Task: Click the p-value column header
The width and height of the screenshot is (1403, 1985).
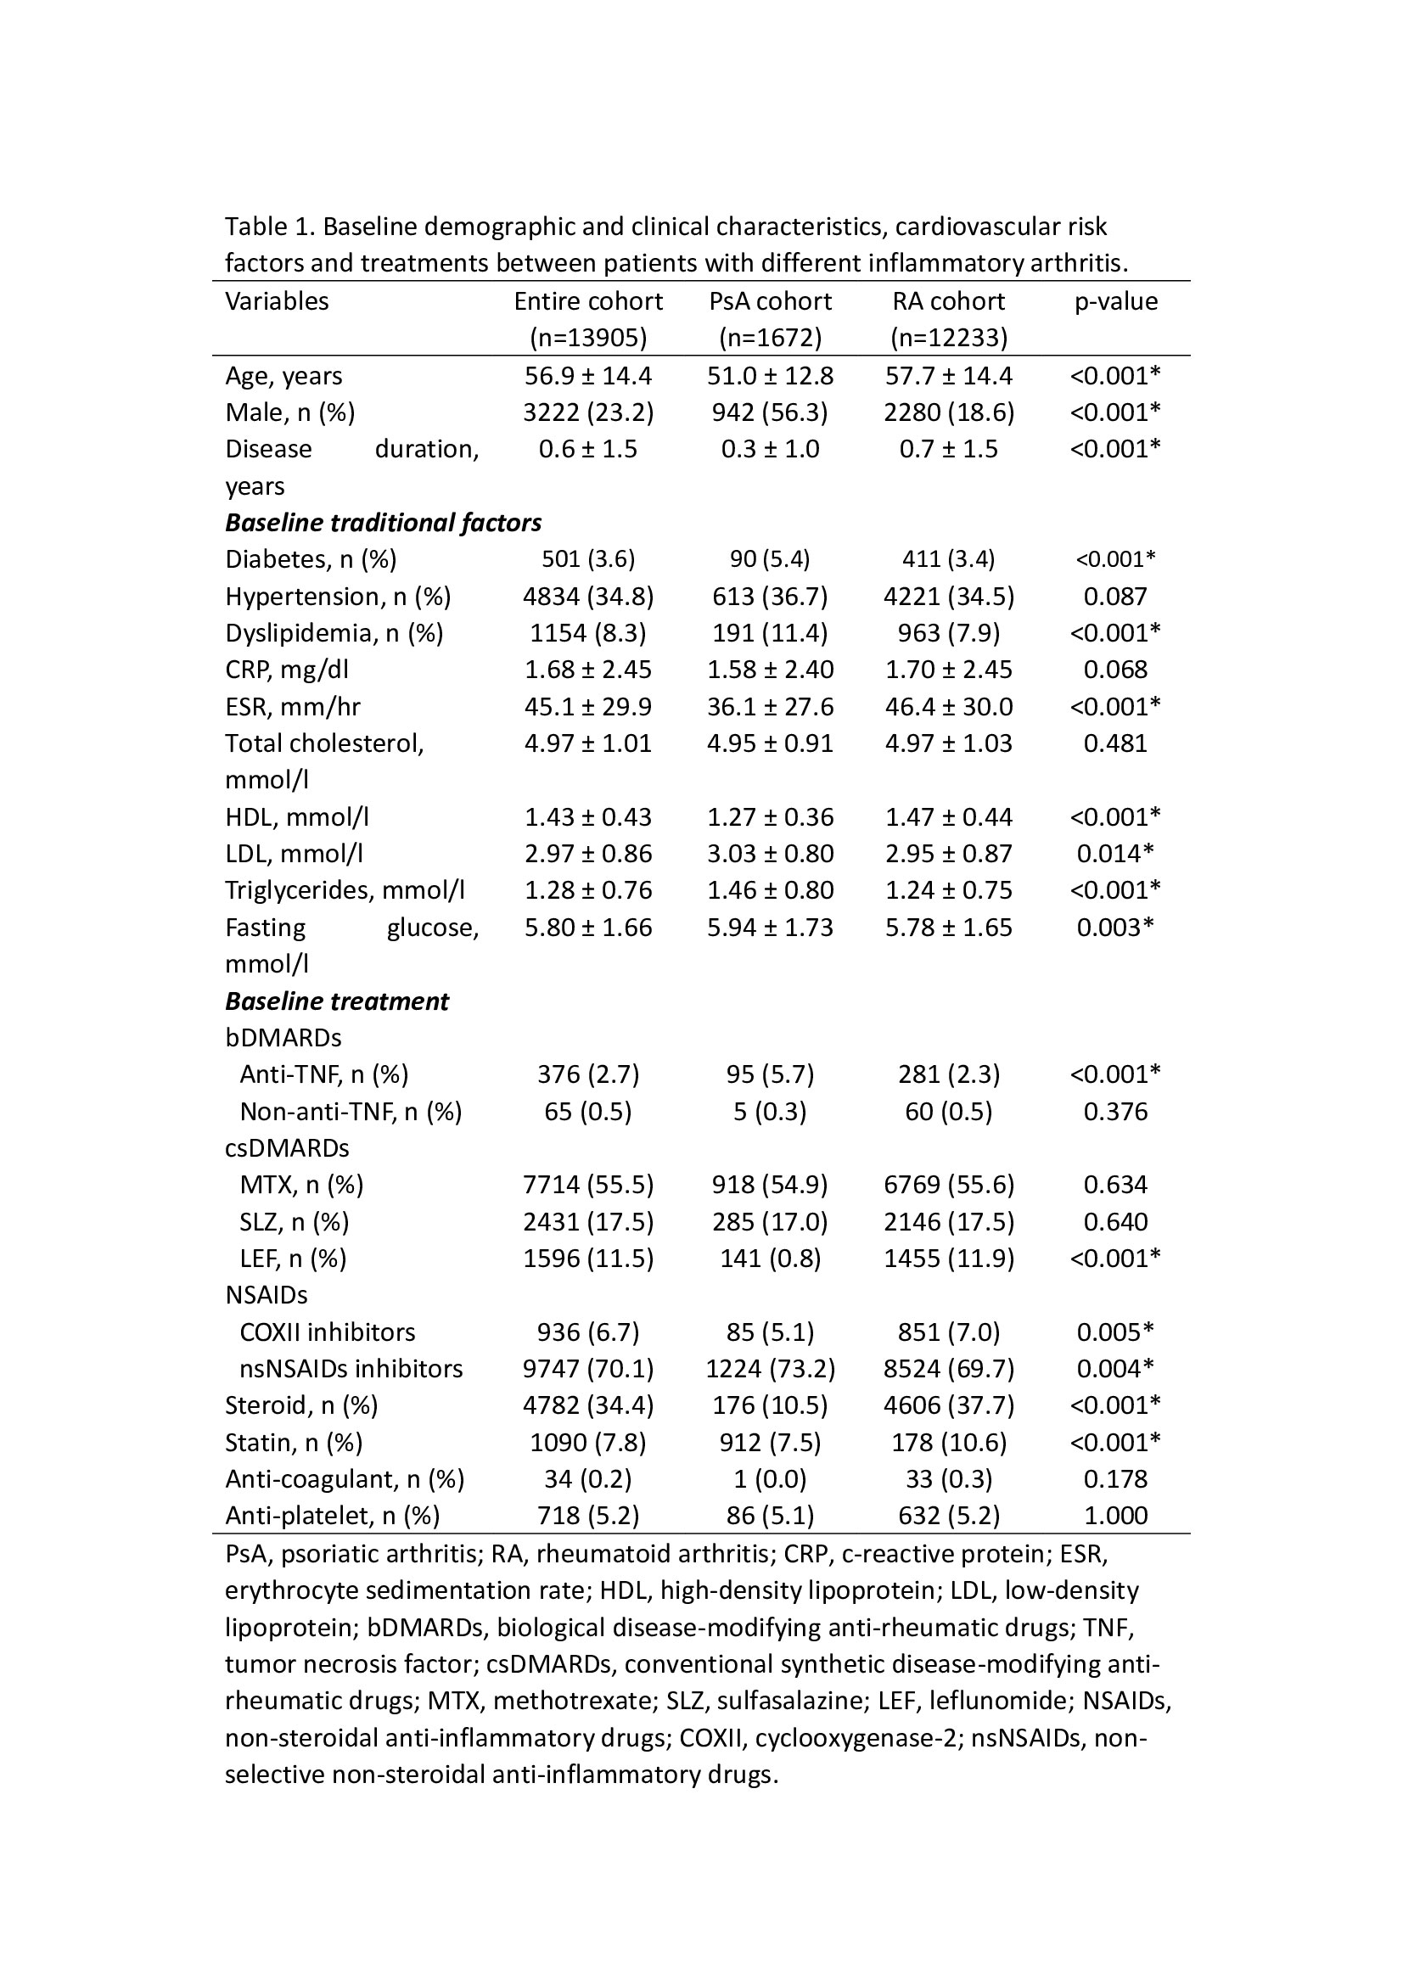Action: click(1115, 301)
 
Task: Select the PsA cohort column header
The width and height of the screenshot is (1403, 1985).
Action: click(769, 301)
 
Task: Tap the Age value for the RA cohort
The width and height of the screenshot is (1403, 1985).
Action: click(948, 375)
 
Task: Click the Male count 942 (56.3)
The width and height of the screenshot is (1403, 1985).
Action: click(769, 412)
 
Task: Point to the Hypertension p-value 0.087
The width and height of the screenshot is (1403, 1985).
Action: click(1115, 597)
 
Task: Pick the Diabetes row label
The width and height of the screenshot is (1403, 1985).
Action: click(311, 559)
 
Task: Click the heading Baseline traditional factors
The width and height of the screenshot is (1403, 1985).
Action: click(383, 522)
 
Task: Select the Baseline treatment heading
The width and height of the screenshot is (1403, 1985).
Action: click(336, 1001)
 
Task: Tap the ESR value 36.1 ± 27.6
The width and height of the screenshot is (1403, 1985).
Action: click(769, 706)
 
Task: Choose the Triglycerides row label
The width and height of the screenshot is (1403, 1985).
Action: click(344, 890)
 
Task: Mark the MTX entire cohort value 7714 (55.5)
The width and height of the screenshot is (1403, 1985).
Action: click(588, 1185)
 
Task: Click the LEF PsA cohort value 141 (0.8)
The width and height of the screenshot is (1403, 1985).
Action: click(769, 1258)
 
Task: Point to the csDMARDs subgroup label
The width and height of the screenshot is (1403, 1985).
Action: click(287, 1148)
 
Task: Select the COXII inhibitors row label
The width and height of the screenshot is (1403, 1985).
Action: click(327, 1332)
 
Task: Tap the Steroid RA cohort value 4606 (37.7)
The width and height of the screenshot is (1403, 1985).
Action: click(948, 1405)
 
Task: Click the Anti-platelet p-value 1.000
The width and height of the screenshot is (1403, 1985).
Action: click(1115, 1516)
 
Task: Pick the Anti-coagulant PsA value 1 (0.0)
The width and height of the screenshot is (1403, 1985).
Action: click(769, 1479)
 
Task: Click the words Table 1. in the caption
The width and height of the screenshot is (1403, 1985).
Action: click(271, 227)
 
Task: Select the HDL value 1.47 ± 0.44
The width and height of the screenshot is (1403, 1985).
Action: click(948, 817)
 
